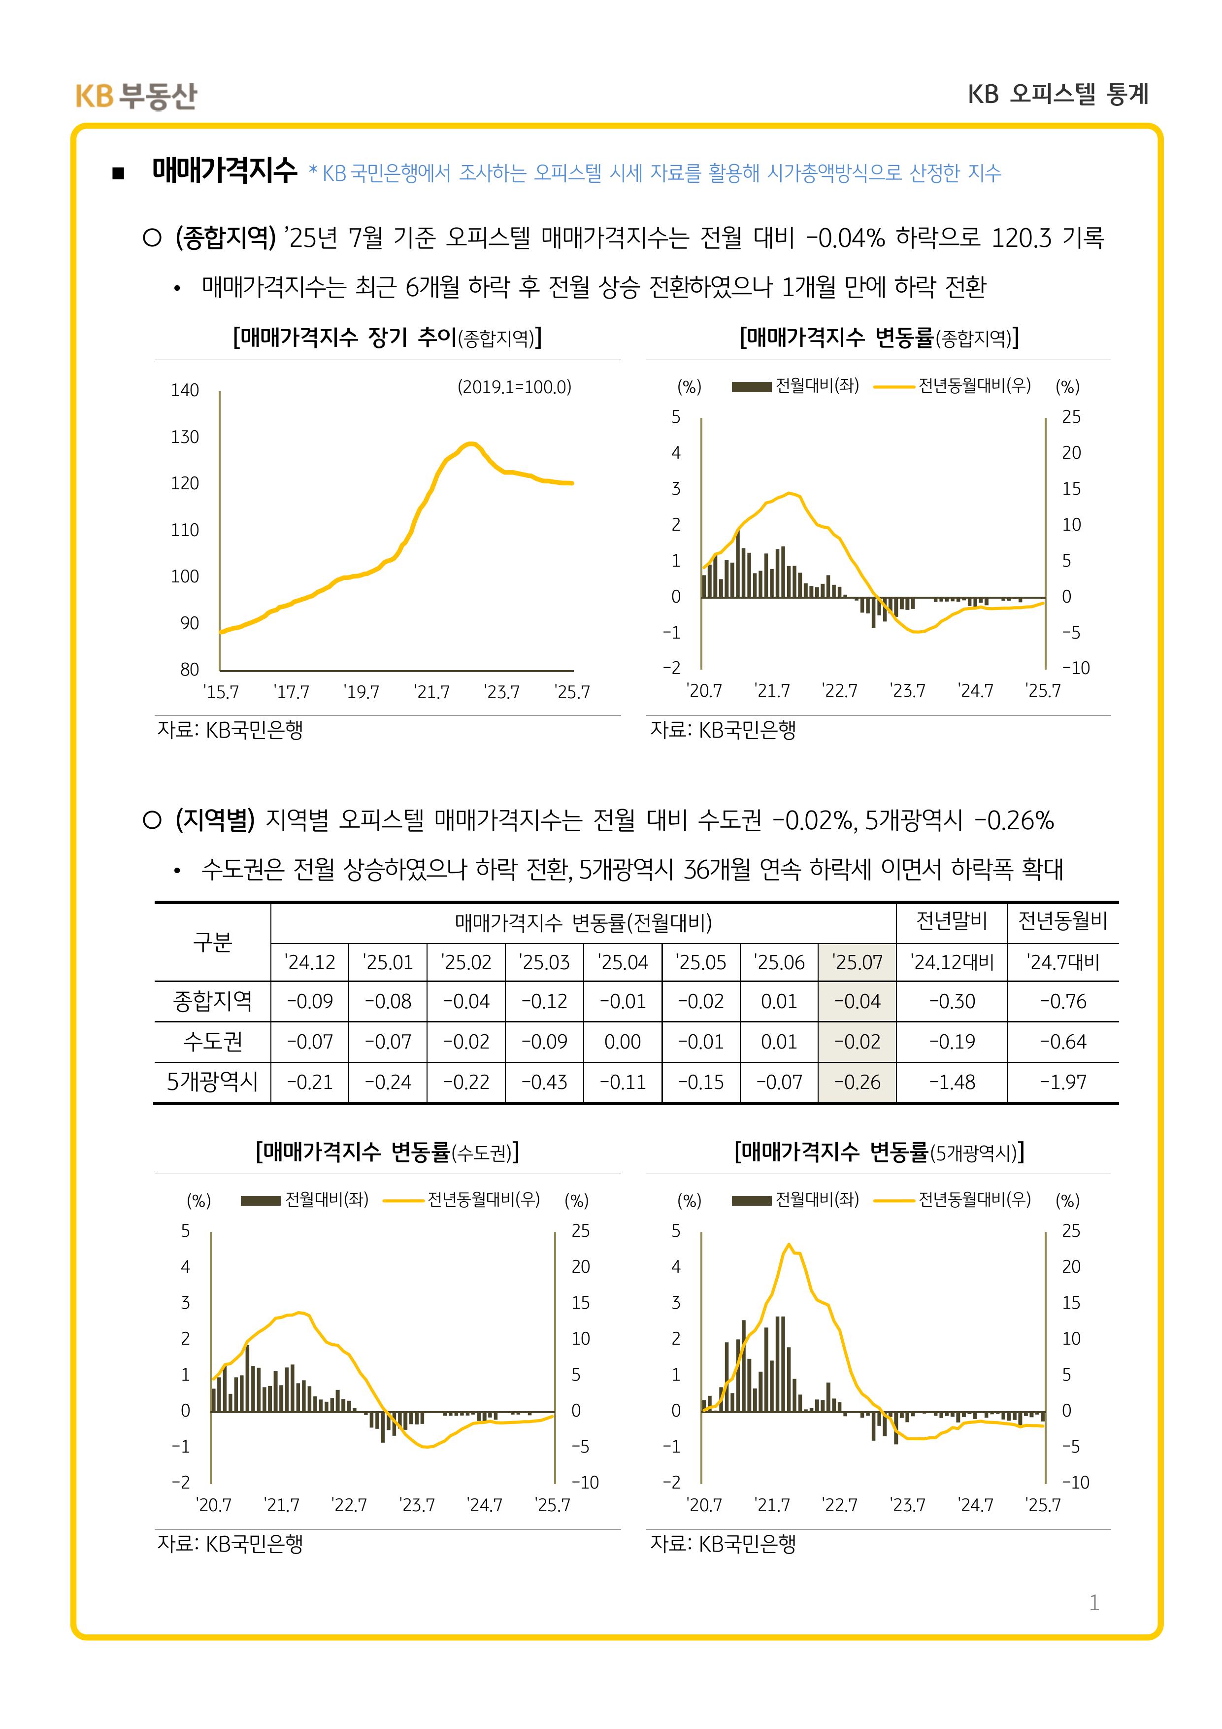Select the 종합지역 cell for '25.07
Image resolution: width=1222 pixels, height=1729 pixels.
click(x=857, y=1002)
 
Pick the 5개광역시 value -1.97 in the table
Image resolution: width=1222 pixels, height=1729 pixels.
click(x=1062, y=1082)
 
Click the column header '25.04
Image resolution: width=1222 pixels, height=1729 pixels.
click(x=623, y=962)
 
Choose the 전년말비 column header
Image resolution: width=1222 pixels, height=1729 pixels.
click(x=952, y=921)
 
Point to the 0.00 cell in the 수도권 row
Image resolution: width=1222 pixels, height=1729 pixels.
click(x=623, y=1042)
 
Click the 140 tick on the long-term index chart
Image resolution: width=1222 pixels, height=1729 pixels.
click(x=185, y=390)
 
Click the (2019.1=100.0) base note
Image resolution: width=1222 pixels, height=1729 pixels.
click(x=514, y=387)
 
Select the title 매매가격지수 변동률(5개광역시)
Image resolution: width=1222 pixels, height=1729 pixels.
click(x=879, y=1152)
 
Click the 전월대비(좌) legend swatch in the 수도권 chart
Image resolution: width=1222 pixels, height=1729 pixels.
click(x=261, y=1200)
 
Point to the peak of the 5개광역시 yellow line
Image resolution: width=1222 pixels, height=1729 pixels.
click(x=788, y=1244)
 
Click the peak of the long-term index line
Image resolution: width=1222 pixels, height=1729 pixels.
click(x=470, y=443)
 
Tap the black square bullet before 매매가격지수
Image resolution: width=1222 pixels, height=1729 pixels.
click(x=118, y=174)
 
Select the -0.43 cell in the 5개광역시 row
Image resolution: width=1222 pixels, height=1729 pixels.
click(x=544, y=1082)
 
